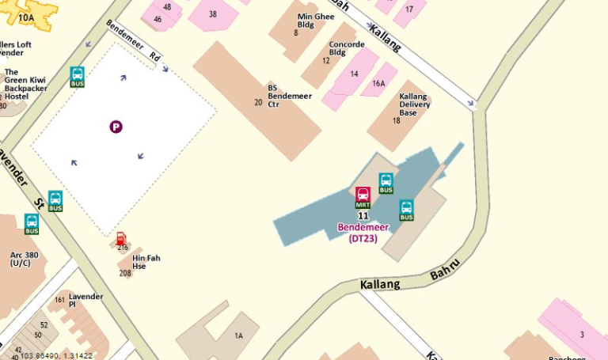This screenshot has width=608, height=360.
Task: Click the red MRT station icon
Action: pyautogui.click(x=363, y=196)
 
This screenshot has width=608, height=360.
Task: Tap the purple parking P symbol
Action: pyautogui.click(x=116, y=126)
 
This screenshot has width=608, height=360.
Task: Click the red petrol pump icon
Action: pyautogui.click(x=121, y=238)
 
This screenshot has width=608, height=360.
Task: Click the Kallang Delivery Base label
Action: pyautogui.click(x=414, y=104)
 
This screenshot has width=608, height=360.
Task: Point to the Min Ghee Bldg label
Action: pyautogui.click(x=315, y=20)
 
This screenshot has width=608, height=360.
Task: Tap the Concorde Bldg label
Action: pyautogui.click(x=347, y=48)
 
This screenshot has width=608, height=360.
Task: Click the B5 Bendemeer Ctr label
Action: pyautogui.click(x=290, y=96)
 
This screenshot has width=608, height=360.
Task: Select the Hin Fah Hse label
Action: pyautogui.click(x=145, y=262)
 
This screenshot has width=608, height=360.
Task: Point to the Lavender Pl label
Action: pyautogui.click(x=85, y=300)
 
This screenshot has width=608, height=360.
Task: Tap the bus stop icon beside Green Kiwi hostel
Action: pyautogui.click(x=78, y=77)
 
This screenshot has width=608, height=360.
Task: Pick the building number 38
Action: pyautogui.click(x=213, y=13)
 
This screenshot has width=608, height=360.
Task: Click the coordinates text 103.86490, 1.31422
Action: pyautogui.click(x=56, y=355)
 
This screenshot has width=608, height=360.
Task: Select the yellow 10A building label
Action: pyautogui.click(x=26, y=17)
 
